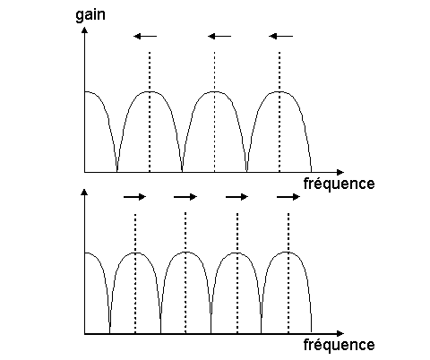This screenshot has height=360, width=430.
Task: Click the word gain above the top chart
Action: coord(90,15)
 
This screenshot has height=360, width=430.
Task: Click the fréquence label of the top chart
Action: coord(339,184)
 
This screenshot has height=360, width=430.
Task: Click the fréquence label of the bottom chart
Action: coord(339,345)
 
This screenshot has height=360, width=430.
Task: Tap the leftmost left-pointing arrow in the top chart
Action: coord(145,37)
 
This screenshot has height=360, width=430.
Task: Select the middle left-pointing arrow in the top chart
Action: coord(219,37)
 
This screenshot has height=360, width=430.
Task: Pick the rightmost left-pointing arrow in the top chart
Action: coord(280,37)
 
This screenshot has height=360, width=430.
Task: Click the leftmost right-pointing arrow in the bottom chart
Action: coord(134,197)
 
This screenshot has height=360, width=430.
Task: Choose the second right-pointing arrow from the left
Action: coord(185,197)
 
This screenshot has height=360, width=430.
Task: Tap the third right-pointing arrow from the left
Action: coord(236,197)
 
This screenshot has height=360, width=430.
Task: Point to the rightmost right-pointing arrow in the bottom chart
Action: coord(288,197)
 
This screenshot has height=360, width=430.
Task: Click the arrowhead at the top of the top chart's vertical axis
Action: coord(85,30)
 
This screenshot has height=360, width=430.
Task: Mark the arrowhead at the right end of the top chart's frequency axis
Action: coord(340,172)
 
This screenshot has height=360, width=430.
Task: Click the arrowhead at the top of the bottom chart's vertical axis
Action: coord(85,192)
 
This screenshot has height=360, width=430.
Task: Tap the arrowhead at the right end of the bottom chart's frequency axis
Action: coord(340,333)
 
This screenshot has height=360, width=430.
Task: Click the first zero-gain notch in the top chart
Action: coord(116,170)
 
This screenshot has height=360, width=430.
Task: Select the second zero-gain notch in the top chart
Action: coord(182,170)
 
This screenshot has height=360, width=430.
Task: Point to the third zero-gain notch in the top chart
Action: coord(246,170)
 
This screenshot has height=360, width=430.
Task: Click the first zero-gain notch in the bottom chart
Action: coord(109,331)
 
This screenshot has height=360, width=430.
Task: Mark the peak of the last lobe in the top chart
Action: coord(279,91)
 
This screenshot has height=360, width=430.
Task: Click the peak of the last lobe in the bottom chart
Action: coord(288,253)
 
